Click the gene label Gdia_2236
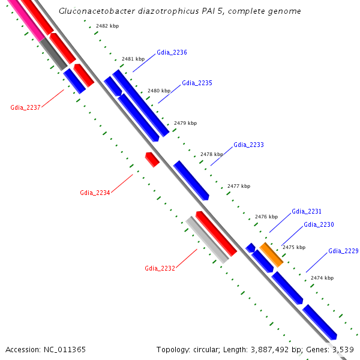tap(172, 53)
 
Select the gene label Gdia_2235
tap(197, 83)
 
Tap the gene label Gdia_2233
tap(248, 145)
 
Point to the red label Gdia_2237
tap(25, 108)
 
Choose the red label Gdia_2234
tap(95, 193)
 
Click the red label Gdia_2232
tap(160, 268)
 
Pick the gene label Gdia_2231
tap(307, 212)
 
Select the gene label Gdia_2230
tap(319, 225)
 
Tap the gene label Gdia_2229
tap(343, 251)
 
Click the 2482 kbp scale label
tap(107, 26)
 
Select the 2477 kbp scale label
tap(239, 187)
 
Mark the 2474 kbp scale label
tap(322, 278)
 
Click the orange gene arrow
tap(271, 254)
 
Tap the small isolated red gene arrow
tap(152, 160)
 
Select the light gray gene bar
tap(207, 240)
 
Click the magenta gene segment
tap(25, 20)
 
